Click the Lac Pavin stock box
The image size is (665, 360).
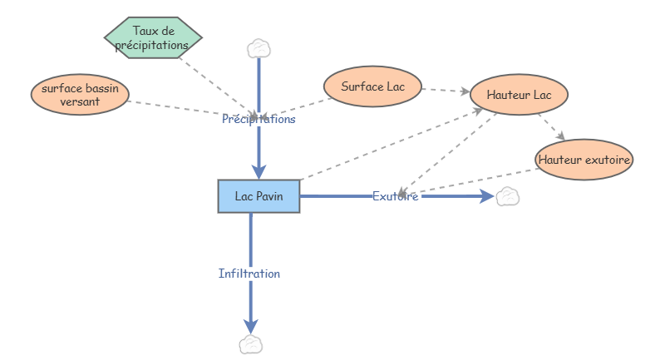pyautogui.click(x=259, y=196)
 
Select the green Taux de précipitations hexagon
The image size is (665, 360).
pyautogui.click(x=153, y=37)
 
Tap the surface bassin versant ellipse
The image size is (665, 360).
pyautogui.click(x=80, y=95)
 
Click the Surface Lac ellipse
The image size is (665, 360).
pyautogui.click(x=372, y=86)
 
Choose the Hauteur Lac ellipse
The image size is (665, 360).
pyautogui.click(x=519, y=95)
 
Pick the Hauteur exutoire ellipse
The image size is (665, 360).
pyautogui.click(x=584, y=160)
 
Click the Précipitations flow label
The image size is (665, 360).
pyautogui.click(x=259, y=119)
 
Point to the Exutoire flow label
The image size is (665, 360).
pyautogui.click(x=396, y=196)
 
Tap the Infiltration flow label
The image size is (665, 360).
pyautogui.click(x=249, y=274)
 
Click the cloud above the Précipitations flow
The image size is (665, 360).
pyautogui.click(x=259, y=49)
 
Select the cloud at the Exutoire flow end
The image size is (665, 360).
pyautogui.click(x=508, y=197)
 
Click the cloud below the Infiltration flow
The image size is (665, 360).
pyautogui.click(x=251, y=344)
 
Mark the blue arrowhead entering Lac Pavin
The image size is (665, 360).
pyautogui.click(x=259, y=172)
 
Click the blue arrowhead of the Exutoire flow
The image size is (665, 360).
pyautogui.click(x=487, y=196)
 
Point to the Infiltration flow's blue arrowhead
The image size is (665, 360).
pyautogui.click(x=251, y=327)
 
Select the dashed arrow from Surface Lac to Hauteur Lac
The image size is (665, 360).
pyautogui.click(x=446, y=91)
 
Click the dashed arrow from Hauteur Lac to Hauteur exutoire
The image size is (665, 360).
pyautogui.click(x=552, y=126)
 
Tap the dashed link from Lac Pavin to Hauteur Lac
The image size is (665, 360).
pyautogui.click(x=392, y=144)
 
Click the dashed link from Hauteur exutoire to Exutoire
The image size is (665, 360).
pyautogui.click(x=469, y=181)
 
